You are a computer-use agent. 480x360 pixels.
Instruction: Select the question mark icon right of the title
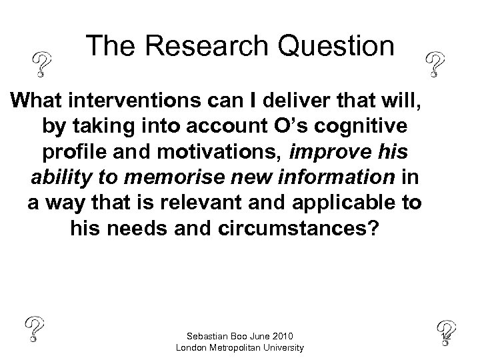click(x=435, y=64)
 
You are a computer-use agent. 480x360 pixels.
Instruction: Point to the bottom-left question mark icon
click(x=35, y=329)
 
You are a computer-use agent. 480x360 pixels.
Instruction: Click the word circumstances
click(x=300, y=229)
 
